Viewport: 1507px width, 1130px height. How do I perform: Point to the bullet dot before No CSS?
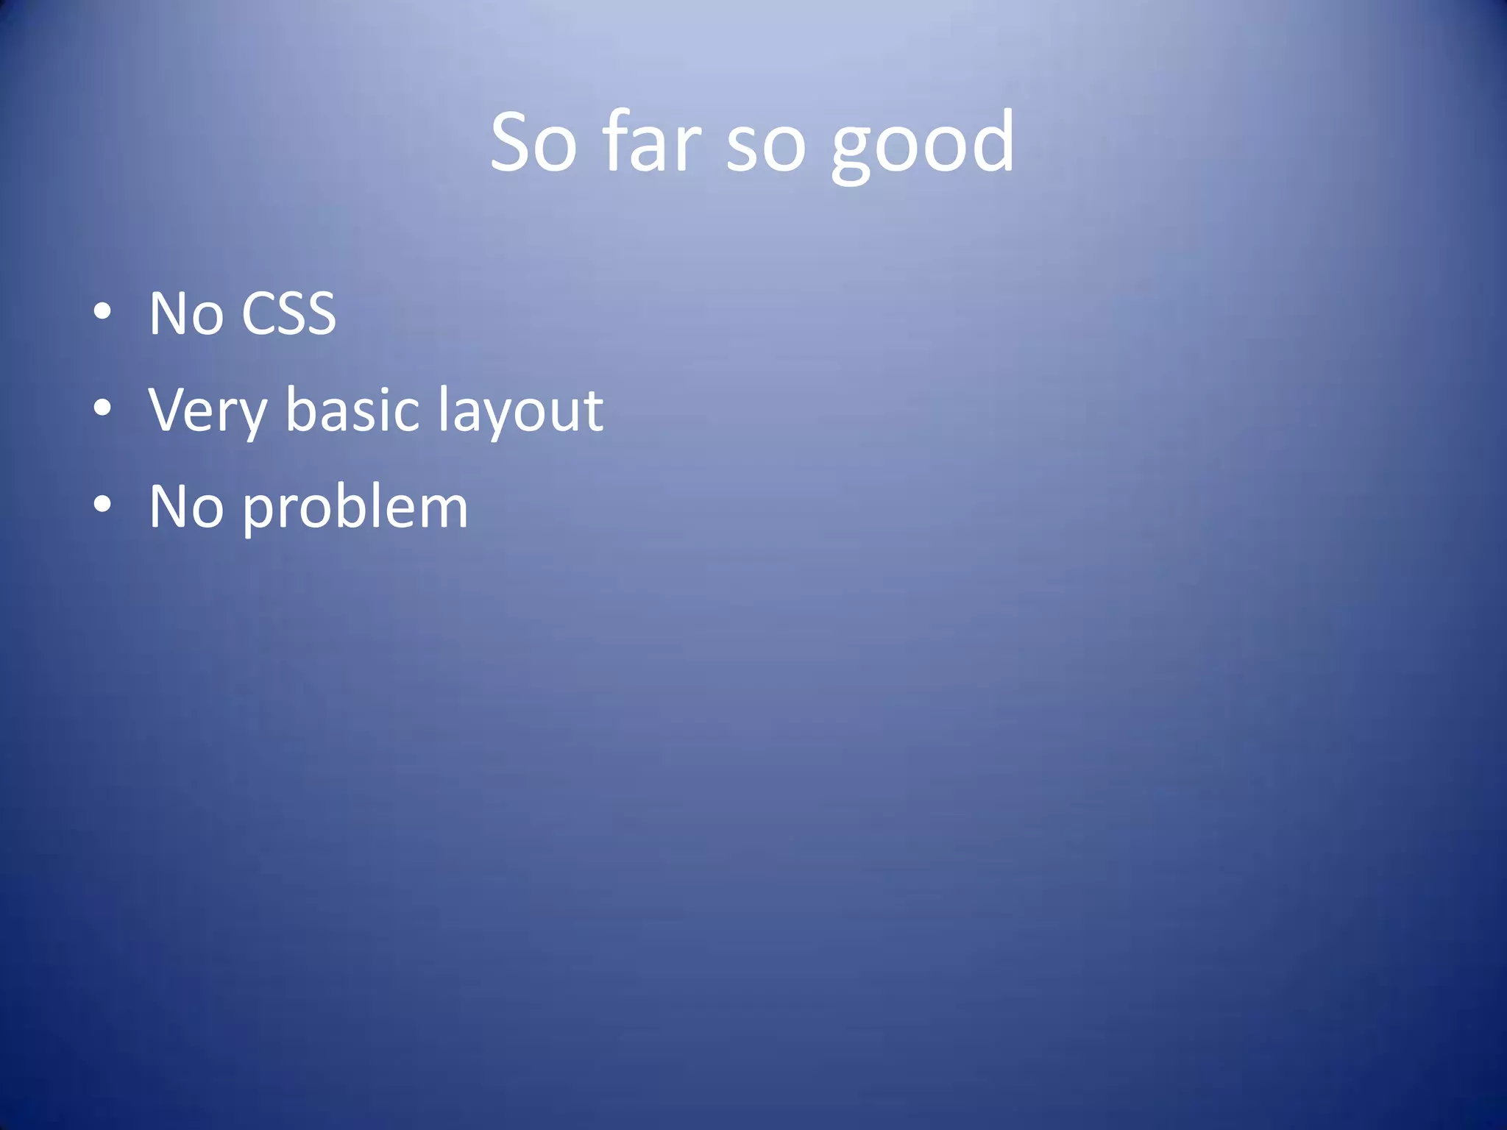102,311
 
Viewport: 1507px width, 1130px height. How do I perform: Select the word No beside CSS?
186,313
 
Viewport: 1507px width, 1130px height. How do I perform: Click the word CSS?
288,313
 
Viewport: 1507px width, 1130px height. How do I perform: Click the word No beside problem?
186,507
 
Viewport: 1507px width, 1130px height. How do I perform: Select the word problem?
355,510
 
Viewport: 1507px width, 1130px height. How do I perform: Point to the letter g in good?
854,151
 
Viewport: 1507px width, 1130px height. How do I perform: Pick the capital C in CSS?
259,313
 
